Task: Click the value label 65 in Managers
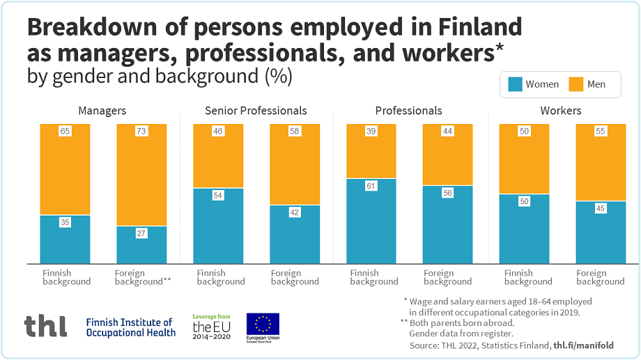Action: click(65, 131)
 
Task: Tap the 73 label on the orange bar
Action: click(141, 131)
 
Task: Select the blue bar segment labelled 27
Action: click(141, 245)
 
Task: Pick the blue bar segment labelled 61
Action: click(371, 221)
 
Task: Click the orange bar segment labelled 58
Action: click(295, 164)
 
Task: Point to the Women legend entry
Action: click(534, 84)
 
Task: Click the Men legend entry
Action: click(588, 84)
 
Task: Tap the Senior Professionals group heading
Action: click(256, 111)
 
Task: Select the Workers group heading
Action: click(561, 111)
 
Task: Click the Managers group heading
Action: click(102, 111)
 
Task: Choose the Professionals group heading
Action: click(408, 111)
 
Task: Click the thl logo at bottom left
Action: click(45, 326)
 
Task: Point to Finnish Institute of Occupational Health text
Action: click(130, 327)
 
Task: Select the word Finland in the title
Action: click(481, 27)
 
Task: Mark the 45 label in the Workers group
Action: click(601, 208)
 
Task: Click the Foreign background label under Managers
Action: click(142, 277)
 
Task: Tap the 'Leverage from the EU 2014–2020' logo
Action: click(213, 326)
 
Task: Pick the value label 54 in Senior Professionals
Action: click(218, 196)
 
